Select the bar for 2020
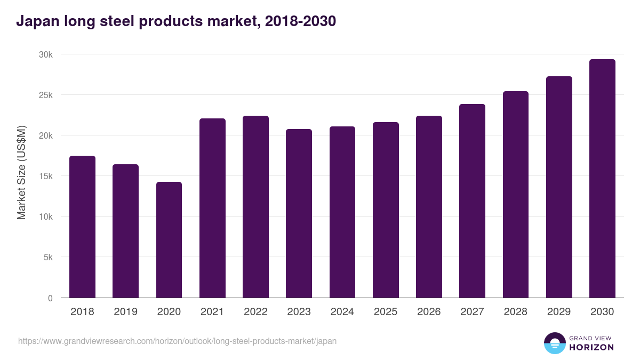169,240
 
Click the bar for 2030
602,179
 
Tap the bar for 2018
82,227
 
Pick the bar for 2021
212,208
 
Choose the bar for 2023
299,213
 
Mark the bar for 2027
472,201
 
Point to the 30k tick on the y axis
45,55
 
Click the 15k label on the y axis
45,177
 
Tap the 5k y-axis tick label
47,258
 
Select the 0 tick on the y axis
50,298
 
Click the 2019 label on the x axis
125,312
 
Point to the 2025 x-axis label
386,312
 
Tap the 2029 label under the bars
559,312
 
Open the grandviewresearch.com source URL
177,341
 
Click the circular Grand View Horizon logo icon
554,343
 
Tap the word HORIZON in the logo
591,347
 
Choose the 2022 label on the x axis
255,312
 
